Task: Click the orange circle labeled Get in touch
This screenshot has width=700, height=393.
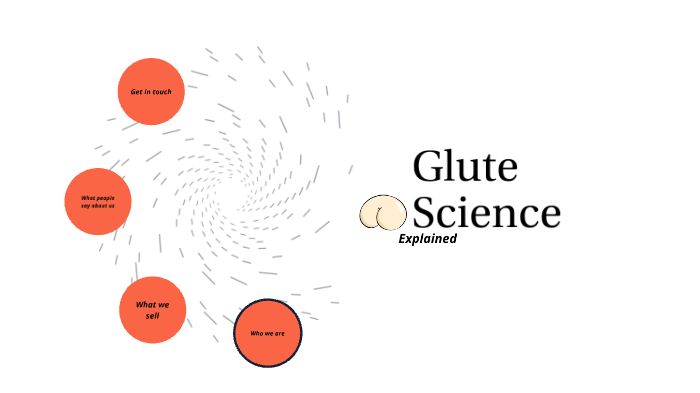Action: click(152, 92)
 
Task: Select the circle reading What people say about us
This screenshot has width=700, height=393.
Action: click(98, 201)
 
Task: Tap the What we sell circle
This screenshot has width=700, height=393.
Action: click(153, 310)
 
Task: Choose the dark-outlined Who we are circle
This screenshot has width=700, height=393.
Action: click(267, 333)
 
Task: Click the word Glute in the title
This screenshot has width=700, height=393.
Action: click(465, 167)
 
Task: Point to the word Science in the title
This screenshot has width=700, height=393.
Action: click(487, 213)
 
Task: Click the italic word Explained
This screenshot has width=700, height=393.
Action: click(427, 239)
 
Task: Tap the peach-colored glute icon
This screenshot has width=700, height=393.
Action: click(384, 212)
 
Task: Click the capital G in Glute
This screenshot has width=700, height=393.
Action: click(428, 167)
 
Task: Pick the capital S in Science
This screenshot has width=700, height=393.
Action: click(426, 213)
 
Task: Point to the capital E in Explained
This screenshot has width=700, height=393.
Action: click(402, 239)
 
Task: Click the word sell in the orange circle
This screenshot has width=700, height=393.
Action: click(153, 316)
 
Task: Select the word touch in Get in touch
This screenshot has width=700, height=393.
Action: click(162, 92)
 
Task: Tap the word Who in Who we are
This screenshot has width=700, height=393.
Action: click(255, 333)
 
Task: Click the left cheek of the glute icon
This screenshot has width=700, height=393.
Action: click(373, 212)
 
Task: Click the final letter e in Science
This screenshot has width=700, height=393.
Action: click(549, 215)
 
